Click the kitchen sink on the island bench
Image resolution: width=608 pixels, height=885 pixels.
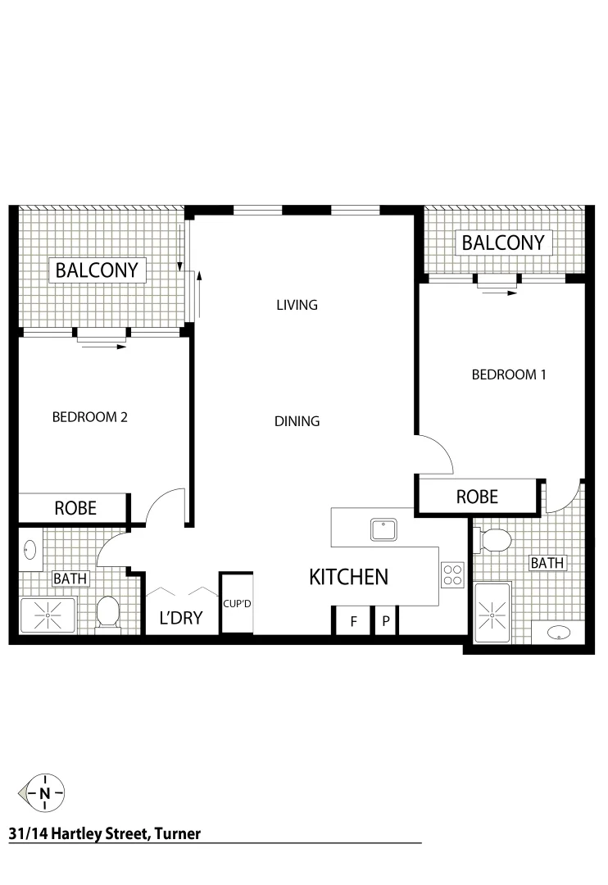coord(383,529)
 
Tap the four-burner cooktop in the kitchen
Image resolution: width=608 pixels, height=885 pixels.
coord(452,574)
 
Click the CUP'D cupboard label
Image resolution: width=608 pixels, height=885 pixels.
coord(237,604)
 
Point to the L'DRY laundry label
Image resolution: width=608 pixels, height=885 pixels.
coord(180,618)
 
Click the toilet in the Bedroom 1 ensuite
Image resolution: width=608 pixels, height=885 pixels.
coord(493,540)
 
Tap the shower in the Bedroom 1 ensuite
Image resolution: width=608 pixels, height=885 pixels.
coord(492,610)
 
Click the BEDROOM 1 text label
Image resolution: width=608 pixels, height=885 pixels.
coord(508,374)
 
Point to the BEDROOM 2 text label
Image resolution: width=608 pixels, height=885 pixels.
coord(89,416)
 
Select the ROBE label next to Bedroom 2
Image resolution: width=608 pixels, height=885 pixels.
coord(75,508)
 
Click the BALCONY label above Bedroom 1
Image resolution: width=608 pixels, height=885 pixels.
coord(502,243)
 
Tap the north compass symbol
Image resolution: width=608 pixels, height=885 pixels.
coord(43,792)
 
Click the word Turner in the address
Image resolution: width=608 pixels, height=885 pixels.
coord(175,834)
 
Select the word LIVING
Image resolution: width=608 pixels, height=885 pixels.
coord(296,305)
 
